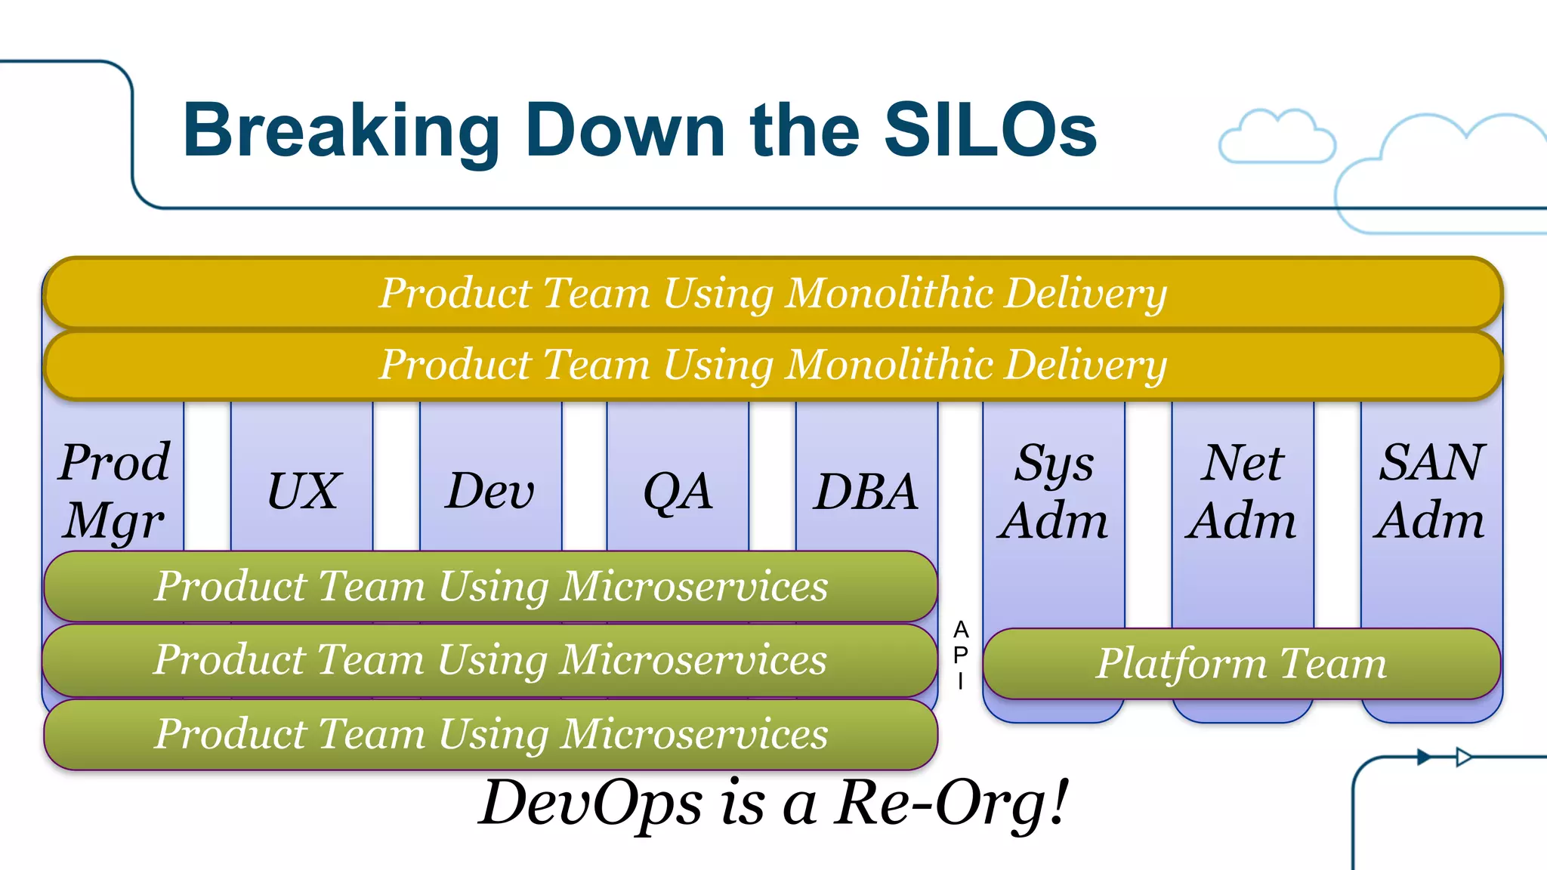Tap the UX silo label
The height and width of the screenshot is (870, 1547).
pos(304,491)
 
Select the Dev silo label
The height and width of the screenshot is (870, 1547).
pos(489,491)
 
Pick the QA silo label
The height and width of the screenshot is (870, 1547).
pos(678,491)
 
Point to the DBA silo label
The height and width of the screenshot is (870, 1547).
pos(866,491)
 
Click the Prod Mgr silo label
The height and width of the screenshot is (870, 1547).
pos(114,491)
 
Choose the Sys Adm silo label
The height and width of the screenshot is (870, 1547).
pos(1053,491)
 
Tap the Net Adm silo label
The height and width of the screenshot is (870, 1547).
pos(1241,491)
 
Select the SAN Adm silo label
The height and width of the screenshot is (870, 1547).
pos(1430,491)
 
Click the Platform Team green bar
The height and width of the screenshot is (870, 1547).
pos(1241,663)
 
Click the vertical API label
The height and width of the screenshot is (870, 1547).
pos(960,655)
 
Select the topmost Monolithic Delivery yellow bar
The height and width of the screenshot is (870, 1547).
pos(772,293)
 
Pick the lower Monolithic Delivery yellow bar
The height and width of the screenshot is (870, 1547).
pos(772,365)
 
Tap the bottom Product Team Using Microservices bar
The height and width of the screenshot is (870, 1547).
pos(491,734)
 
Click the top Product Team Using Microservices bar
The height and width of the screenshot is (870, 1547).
pos(491,586)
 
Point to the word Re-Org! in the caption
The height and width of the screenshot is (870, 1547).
pos(952,802)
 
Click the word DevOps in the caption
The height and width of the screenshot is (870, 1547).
pos(591,802)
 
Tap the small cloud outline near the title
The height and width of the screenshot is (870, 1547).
pos(1277,137)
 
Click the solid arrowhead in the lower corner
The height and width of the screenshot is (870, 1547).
pos(1424,757)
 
